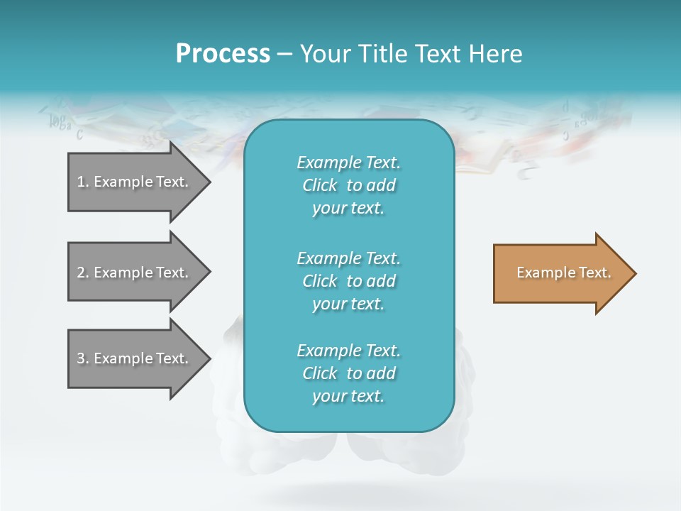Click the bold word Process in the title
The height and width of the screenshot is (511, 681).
(x=223, y=54)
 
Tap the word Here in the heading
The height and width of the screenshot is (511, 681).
(x=495, y=54)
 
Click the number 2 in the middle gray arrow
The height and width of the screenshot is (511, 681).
(x=81, y=273)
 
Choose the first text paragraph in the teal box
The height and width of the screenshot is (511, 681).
(x=348, y=185)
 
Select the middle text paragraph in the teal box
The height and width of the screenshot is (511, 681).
(x=348, y=281)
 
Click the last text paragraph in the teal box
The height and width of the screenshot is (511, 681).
(x=348, y=373)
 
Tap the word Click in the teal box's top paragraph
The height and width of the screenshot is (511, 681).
(x=320, y=185)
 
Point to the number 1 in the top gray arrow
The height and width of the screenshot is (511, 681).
(x=81, y=182)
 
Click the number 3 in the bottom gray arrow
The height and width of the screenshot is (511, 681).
(x=81, y=358)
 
